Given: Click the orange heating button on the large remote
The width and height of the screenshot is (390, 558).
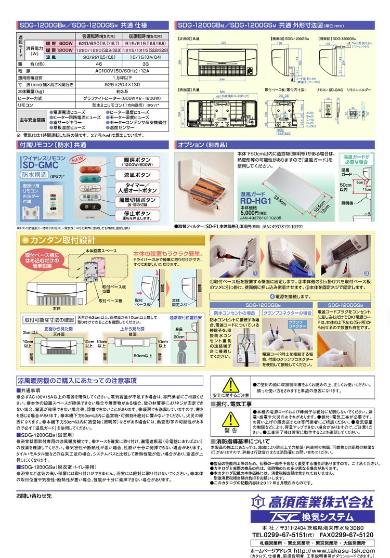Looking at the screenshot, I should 89,170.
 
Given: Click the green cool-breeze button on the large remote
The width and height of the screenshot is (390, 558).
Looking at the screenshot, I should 89,180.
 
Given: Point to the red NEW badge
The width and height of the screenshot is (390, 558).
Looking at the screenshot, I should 77,159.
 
